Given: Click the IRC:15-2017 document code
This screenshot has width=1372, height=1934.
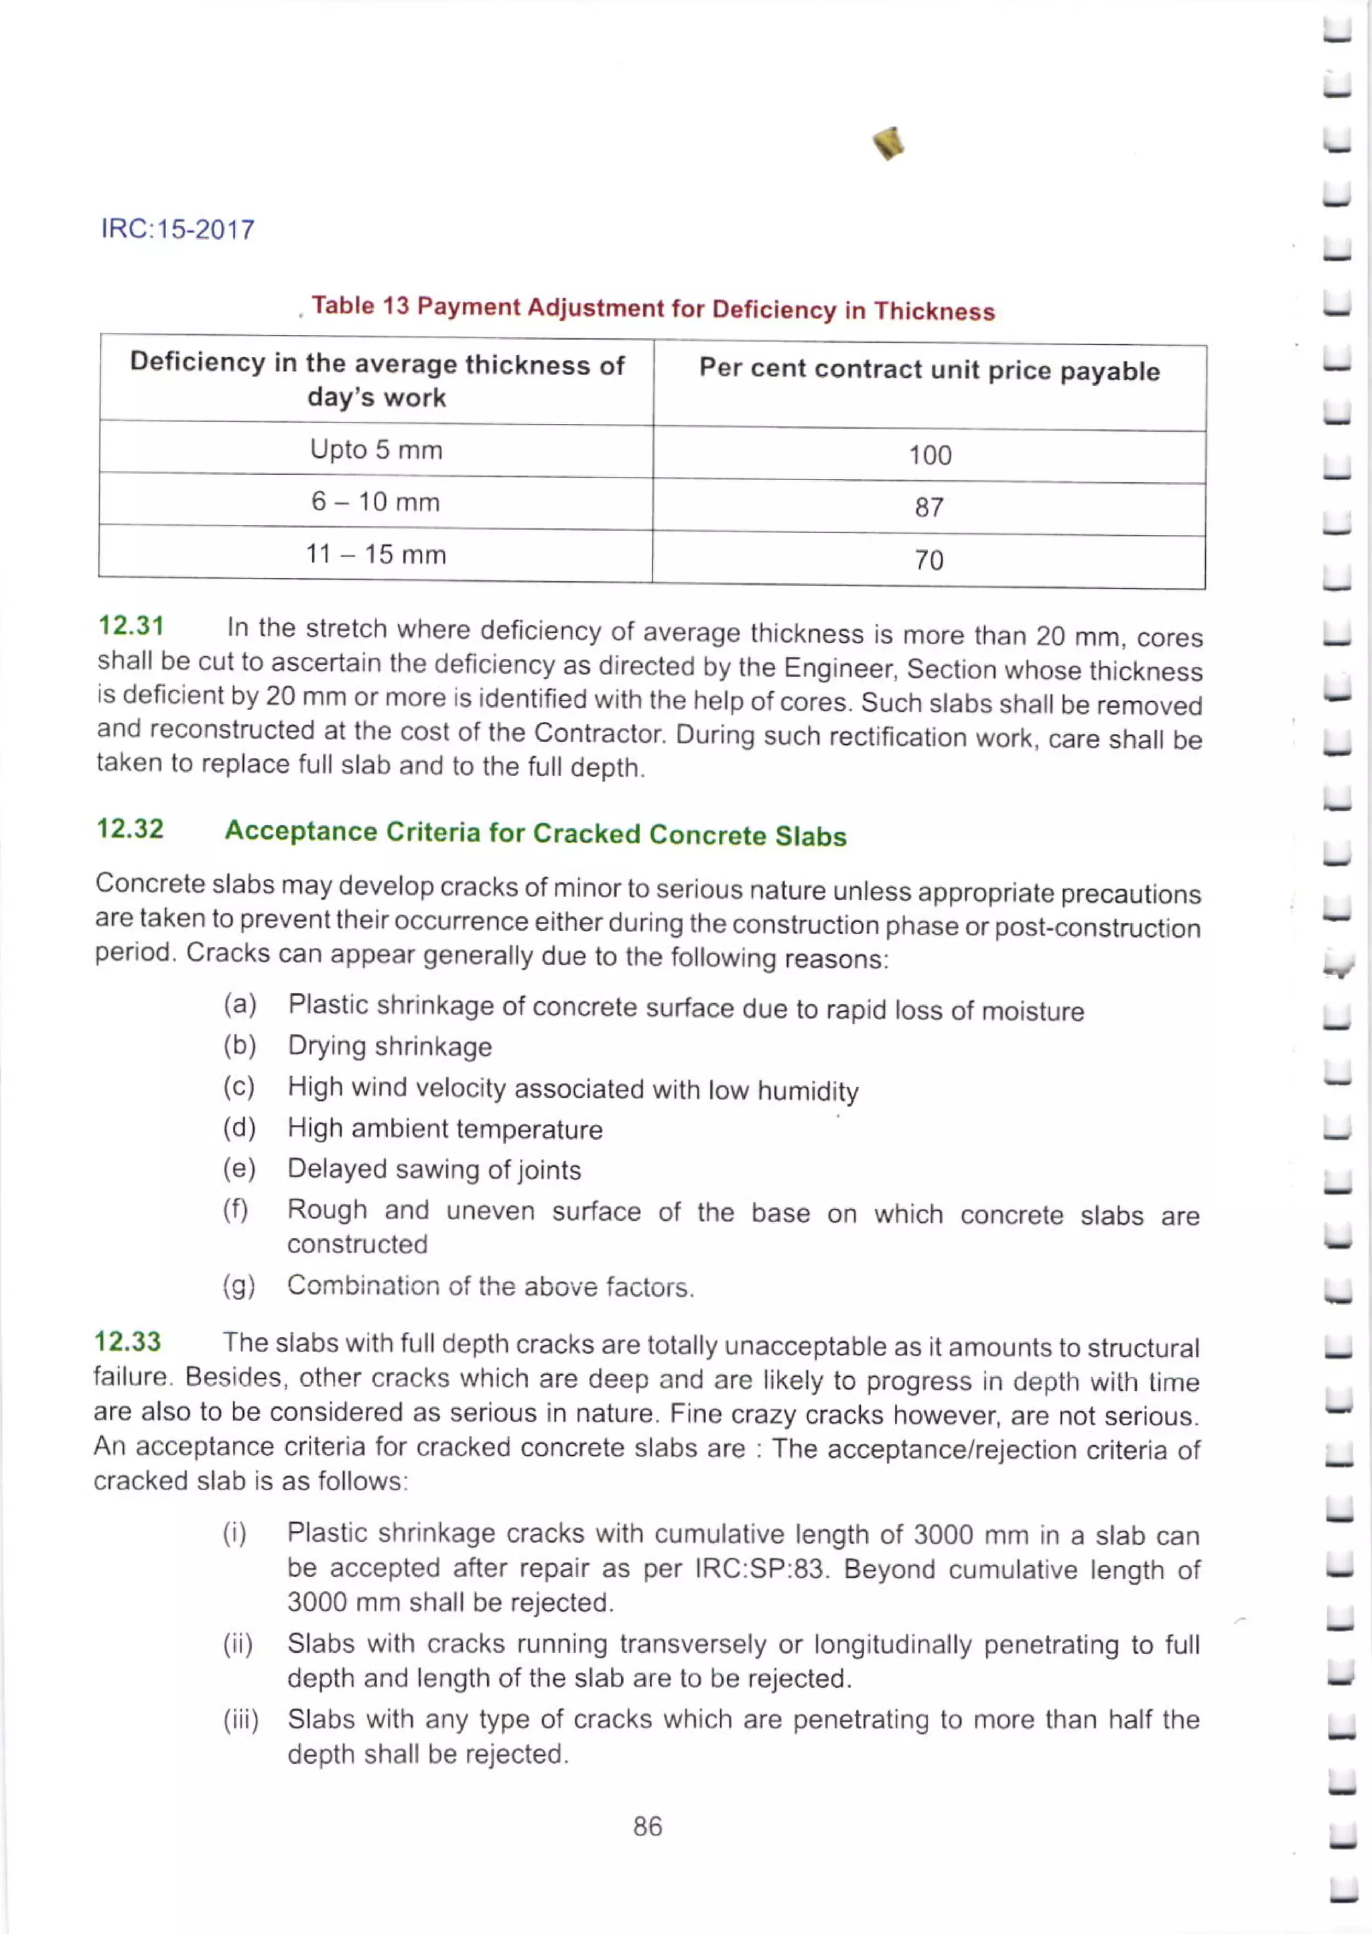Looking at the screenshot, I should [178, 230].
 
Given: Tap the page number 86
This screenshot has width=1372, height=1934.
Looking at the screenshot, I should [647, 1826].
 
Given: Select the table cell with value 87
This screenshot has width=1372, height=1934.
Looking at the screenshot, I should [929, 508].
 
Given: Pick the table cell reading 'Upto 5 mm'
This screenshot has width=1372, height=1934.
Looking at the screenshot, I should [376, 449].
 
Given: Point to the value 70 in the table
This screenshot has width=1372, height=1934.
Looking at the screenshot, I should [929, 560].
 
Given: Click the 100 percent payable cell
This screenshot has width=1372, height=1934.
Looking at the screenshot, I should [929, 455].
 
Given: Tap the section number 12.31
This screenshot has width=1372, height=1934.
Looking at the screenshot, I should [131, 626].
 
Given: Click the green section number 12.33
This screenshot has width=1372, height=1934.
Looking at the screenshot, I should [127, 1341].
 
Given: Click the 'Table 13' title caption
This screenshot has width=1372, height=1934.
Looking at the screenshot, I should [653, 308].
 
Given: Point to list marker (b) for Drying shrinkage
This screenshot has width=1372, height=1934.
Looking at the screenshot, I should [239, 1045].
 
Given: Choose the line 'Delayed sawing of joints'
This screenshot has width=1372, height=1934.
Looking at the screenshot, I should [434, 1170].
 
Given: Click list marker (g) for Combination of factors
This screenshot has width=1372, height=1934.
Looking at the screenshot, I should [239, 1285].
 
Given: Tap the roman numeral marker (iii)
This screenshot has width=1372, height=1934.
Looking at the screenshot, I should [241, 1720].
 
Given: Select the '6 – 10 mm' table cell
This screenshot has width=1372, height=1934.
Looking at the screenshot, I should [376, 502].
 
